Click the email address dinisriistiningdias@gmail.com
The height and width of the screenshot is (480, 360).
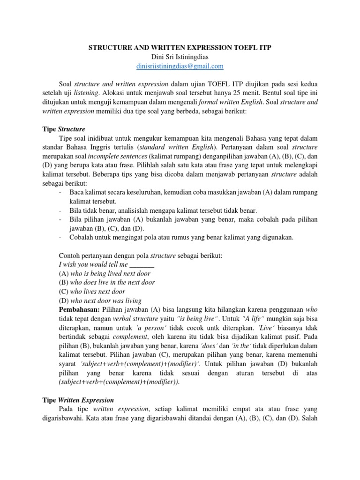tap(180, 66)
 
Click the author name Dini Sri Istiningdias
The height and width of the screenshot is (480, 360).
tap(180, 57)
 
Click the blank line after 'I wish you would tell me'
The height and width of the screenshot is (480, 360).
tap(141, 264)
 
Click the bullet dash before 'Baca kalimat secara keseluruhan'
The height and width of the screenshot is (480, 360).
tap(61, 192)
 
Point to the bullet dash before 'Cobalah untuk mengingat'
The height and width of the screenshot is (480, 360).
tap(61, 237)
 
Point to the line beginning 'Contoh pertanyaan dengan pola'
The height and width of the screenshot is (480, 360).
tap(140, 255)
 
